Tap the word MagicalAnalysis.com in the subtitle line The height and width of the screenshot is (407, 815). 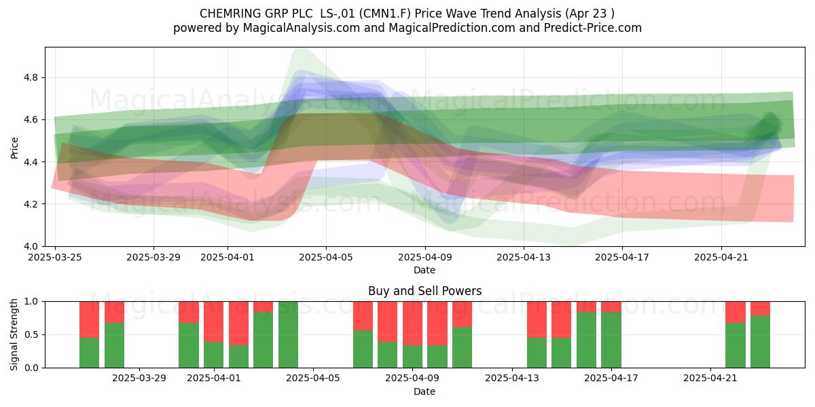302,28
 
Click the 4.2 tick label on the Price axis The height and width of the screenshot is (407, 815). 31,204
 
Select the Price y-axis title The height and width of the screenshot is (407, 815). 14,148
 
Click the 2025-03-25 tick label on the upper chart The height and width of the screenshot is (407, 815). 55,257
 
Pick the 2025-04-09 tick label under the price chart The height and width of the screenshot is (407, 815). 425,257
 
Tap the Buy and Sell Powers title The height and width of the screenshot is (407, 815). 424,291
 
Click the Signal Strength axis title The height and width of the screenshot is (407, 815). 14,334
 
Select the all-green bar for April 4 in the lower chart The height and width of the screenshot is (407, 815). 288,334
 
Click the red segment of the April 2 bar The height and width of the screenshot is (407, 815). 238,324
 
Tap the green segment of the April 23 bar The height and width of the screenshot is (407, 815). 760,342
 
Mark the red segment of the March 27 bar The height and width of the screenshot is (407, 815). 114,312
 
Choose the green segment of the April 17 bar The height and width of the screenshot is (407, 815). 611,340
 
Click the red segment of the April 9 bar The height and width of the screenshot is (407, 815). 413,324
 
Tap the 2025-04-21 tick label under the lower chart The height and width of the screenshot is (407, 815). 710,379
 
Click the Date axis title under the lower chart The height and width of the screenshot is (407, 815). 424,391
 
